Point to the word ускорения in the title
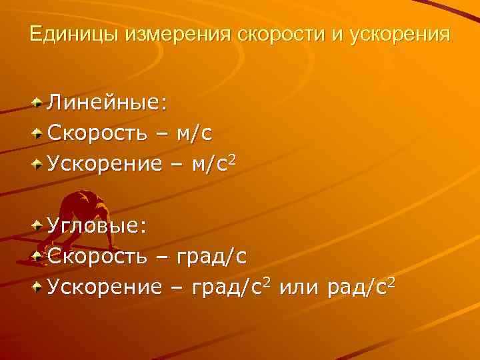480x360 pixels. [400, 33]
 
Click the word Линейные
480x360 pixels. [106, 103]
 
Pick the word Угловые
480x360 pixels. [97, 226]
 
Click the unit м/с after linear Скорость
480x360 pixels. [194, 133]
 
